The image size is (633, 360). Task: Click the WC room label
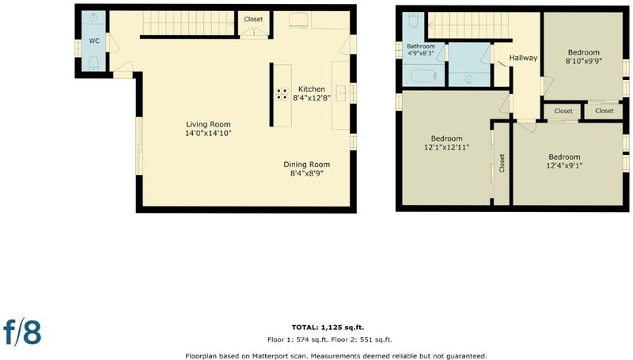point(94,41)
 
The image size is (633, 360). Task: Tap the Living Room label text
point(208,124)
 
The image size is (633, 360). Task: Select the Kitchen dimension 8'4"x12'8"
point(312,97)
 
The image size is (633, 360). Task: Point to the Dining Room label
point(307,165)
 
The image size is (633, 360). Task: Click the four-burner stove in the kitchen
point(282,94)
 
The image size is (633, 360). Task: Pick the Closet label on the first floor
point(253,19)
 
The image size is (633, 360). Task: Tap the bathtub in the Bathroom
point(423,75)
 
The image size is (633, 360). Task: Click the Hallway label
point(523,58)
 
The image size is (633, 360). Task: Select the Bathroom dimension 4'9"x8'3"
point(421,53)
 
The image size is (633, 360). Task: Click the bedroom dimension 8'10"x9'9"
point(583,61)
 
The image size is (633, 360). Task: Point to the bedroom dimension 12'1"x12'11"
point(446,147)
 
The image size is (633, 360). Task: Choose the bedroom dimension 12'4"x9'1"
point(564,165)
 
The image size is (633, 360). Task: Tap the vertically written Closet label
point(502,163)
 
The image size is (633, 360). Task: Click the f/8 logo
point(23,332)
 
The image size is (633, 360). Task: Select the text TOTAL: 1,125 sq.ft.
point(328,328)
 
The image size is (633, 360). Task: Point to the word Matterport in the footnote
point(270,356)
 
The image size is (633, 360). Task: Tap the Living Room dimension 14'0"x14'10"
point(208,133)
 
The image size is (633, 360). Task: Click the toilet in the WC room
point(93,63)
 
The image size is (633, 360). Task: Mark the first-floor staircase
point(188,23)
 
